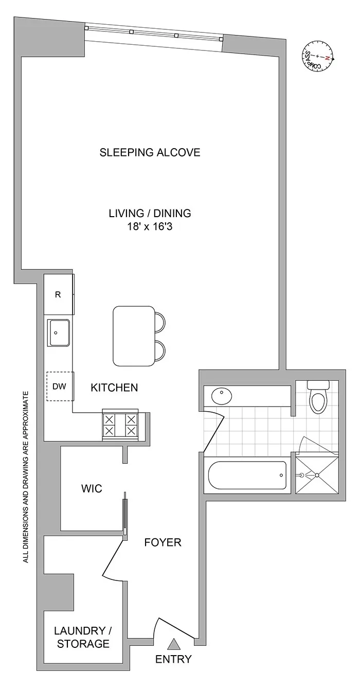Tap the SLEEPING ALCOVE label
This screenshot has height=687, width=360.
(x=150, y=152)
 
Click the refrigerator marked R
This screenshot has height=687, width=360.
(x=58, y=295)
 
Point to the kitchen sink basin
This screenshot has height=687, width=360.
(x=59, y=333)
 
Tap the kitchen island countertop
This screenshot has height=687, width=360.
(x=133, y=335)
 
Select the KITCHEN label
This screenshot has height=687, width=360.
(x=114, y=387)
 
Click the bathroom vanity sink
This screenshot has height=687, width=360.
(x=221, y=396)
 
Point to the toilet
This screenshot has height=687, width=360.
(x=317, y=398)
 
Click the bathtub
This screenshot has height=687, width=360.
(x=247, y=475)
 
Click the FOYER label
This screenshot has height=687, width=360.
(x=162, y=542)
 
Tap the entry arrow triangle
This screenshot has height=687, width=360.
(x=174, y=643)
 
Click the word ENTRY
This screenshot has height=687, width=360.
(x=174, y=659)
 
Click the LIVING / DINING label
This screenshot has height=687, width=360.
(x=150, y=213)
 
